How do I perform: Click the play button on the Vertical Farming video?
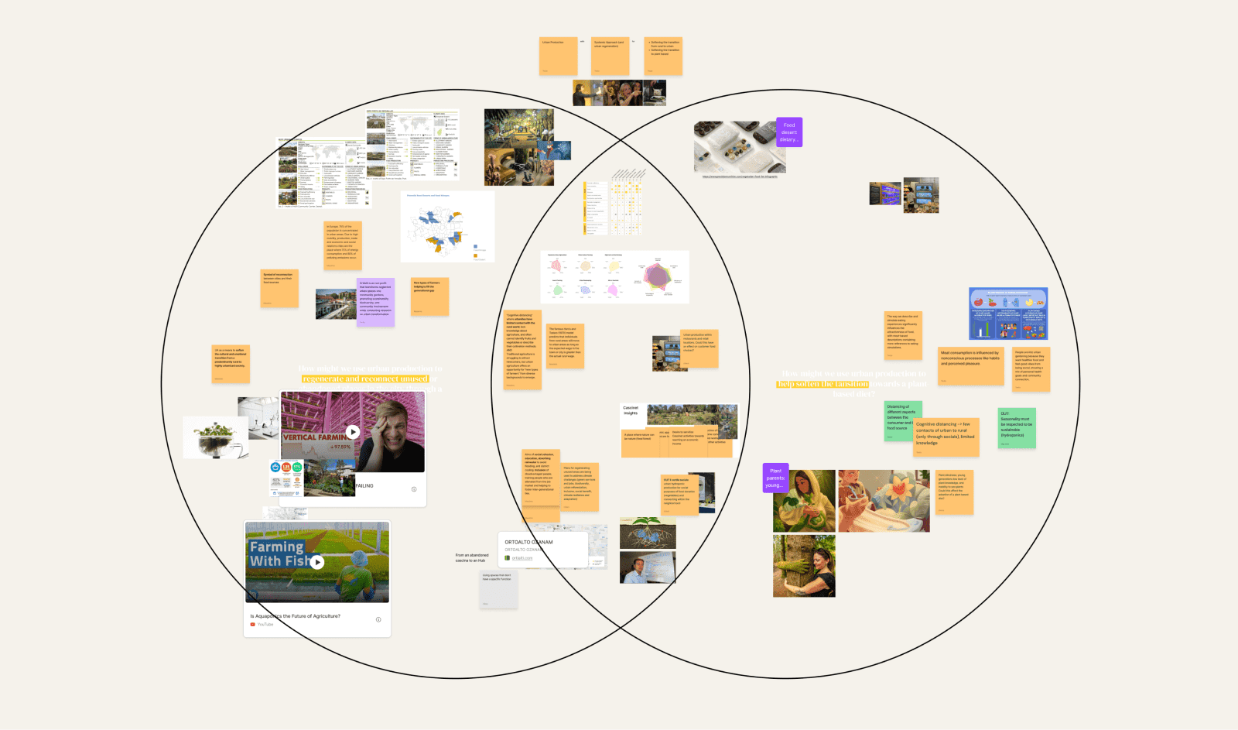(353, 432)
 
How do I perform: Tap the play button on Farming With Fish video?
(317, 562)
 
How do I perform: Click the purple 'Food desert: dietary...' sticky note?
(789, 132)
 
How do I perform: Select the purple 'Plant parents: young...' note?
(775, 478)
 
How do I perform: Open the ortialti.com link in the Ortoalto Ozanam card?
(522, 558)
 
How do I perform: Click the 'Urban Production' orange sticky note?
(558, 57)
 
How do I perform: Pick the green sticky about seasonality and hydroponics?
(1017, 428)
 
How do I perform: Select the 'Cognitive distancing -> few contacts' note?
(946, 437)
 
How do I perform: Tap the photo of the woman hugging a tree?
(804, 566)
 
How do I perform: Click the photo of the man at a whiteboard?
(647, 567)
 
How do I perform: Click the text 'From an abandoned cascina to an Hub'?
(472, 557)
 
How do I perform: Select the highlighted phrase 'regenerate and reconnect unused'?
(364, 379)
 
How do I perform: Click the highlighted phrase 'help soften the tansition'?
(822, 384)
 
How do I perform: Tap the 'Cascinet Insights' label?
(631, 410)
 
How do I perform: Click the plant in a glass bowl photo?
(215, 437)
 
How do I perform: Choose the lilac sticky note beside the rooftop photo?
(376, 302)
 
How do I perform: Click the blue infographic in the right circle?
(1008, 314)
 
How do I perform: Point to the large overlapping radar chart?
(656, 276)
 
